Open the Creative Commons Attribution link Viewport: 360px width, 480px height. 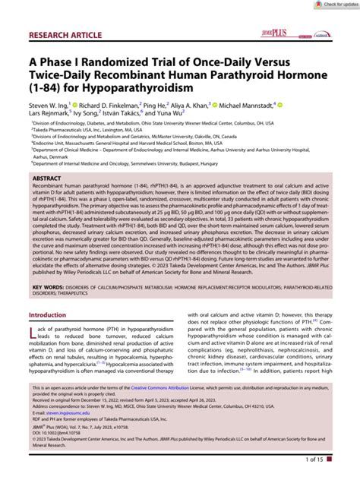[x=187, y=409]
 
